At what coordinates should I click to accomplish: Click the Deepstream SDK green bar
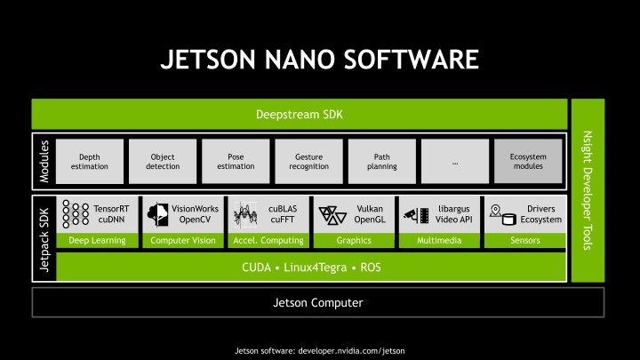[x=299, y=115]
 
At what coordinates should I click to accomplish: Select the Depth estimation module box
[x=89, y=161]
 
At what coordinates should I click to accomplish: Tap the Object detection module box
[x=163, y=161]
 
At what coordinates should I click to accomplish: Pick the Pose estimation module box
[x=236, y=161]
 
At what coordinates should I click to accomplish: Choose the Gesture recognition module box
[x=308, y=161]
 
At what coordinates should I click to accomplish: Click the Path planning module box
[x=381, y=161]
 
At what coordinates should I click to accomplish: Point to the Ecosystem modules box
[x=528, y=161]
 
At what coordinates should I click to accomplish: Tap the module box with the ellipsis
[x=455, y=161]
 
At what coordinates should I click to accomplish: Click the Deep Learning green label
[x=97, y=240]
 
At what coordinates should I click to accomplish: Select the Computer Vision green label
[x=182, y=240]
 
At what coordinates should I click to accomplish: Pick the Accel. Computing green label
[x=268, y=240]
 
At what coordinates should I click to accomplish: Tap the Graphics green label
[x=353, y=240]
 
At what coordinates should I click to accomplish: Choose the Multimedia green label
[x=438, y=240]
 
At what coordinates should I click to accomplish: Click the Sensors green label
[x=524, y=240]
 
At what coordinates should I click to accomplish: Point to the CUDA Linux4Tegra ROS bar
[x=310, y=267]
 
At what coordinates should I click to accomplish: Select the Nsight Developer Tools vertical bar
[x=588, y=190]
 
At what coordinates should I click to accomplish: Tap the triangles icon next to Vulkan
[x=332, y=214]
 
